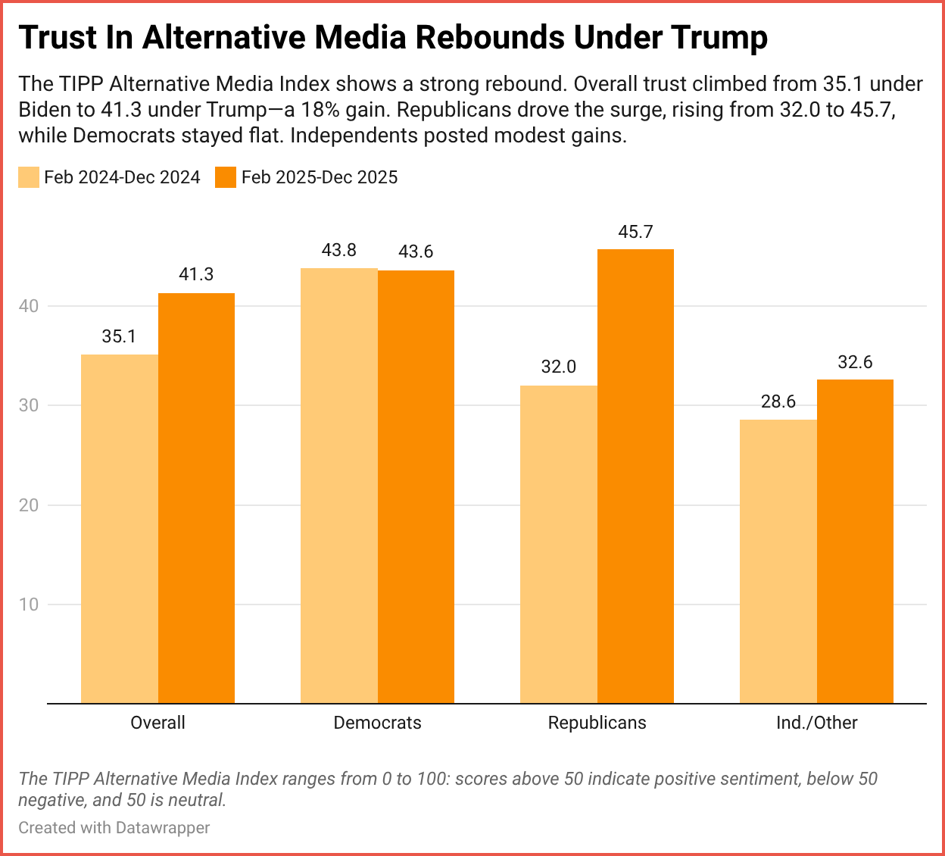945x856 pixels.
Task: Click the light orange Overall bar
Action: [120, 529]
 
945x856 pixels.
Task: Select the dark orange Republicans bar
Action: [635, 476]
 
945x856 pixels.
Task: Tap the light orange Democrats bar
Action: [339, 486]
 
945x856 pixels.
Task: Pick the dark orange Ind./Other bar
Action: [855, 541]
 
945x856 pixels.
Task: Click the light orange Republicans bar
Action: [559, 544]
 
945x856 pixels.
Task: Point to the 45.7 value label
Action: [635, 232]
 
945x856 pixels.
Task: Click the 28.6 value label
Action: [778, 401]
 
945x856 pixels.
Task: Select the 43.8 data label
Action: [338, 250]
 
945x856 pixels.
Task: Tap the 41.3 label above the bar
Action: [196, 274]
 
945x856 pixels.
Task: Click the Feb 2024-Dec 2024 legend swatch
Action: [29, 177]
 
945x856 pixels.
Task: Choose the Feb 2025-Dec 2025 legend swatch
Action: [226, 177]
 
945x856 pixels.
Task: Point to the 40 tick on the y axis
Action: [29, 306]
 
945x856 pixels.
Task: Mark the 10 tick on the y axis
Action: [29, 605]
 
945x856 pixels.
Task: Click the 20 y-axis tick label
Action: [29, 505]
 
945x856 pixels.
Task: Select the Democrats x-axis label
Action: [377, 723]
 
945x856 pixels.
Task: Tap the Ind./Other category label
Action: [816, 723]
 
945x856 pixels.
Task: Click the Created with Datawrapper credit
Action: [114, 827]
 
